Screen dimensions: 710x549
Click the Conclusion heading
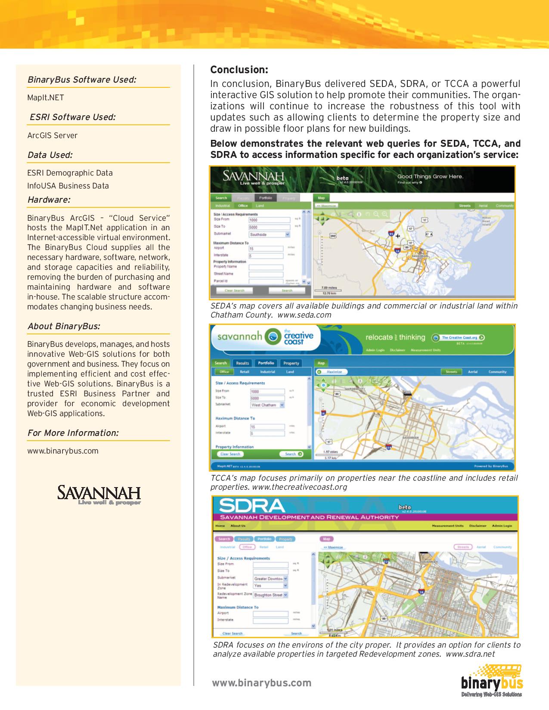coord(239,70)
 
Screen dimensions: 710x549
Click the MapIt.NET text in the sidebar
coord(46,98)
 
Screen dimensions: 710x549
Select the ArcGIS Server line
coord(53,136)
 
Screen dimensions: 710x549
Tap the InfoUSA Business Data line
coord(68,186)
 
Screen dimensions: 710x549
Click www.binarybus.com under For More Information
coord(63,451)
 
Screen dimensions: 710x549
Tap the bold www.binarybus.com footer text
coord(261,683)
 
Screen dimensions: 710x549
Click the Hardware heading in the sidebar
coord(49,200)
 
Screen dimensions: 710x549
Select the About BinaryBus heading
coord(64,326)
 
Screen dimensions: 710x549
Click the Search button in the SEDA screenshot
coord(287,290)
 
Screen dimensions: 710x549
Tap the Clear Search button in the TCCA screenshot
coord(230,454)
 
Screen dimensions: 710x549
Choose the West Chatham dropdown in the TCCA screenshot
coord(267,405)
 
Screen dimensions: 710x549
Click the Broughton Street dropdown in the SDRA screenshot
coord(270,595)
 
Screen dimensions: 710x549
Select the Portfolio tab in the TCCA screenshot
coord(266,363)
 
